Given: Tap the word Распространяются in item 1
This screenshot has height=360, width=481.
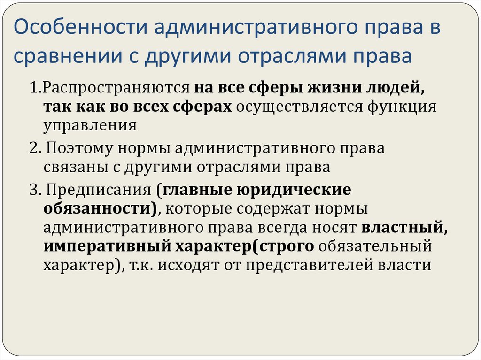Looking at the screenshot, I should tap(111, 88).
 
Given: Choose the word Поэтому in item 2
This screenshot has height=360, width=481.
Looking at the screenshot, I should tap(79, 148).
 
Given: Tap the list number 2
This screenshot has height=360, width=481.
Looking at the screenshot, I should tap(32, 148).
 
